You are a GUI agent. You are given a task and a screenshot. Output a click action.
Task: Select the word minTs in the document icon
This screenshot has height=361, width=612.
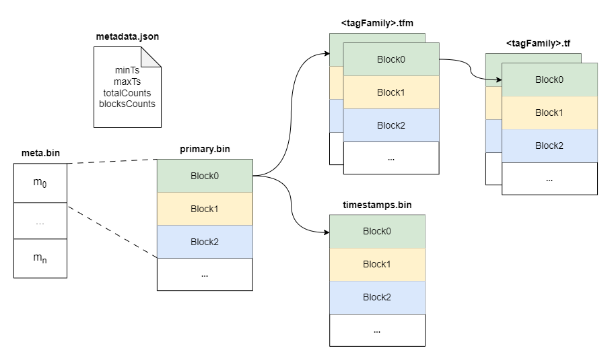[127, 69]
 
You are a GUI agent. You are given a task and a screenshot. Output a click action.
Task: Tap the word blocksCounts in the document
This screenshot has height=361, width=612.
[127, 104]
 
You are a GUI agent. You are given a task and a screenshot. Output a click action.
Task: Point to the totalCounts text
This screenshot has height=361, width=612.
[127, 92]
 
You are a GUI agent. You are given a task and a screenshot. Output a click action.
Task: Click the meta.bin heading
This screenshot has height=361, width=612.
[40, 154]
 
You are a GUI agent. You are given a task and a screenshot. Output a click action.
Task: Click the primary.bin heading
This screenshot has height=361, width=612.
[205, 150]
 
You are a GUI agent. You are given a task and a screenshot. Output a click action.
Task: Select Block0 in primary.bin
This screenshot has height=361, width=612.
[205, 176]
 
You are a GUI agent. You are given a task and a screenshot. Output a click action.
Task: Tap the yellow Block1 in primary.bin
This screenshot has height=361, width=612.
[205, 209]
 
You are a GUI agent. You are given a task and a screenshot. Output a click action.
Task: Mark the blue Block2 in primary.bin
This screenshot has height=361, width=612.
[205, 242]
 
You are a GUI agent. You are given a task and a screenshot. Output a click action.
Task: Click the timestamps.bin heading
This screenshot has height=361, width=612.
[377, 205]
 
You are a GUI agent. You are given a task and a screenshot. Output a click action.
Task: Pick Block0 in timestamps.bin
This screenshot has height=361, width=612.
[377, 231]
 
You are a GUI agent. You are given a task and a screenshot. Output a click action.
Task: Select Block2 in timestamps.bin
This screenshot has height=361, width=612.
[377, 297]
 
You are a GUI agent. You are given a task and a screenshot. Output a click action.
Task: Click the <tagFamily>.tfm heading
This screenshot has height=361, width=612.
[377, 23]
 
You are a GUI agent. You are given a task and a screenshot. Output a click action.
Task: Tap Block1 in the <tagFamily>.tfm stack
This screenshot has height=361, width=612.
[390, 92]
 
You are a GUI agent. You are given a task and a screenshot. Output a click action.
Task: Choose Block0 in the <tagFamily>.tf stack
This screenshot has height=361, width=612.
[549, 79]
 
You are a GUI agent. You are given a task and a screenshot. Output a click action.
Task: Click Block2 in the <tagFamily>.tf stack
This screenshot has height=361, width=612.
[549, 145]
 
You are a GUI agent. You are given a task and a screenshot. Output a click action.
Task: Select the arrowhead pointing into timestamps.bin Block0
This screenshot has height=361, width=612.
[326, 232]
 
